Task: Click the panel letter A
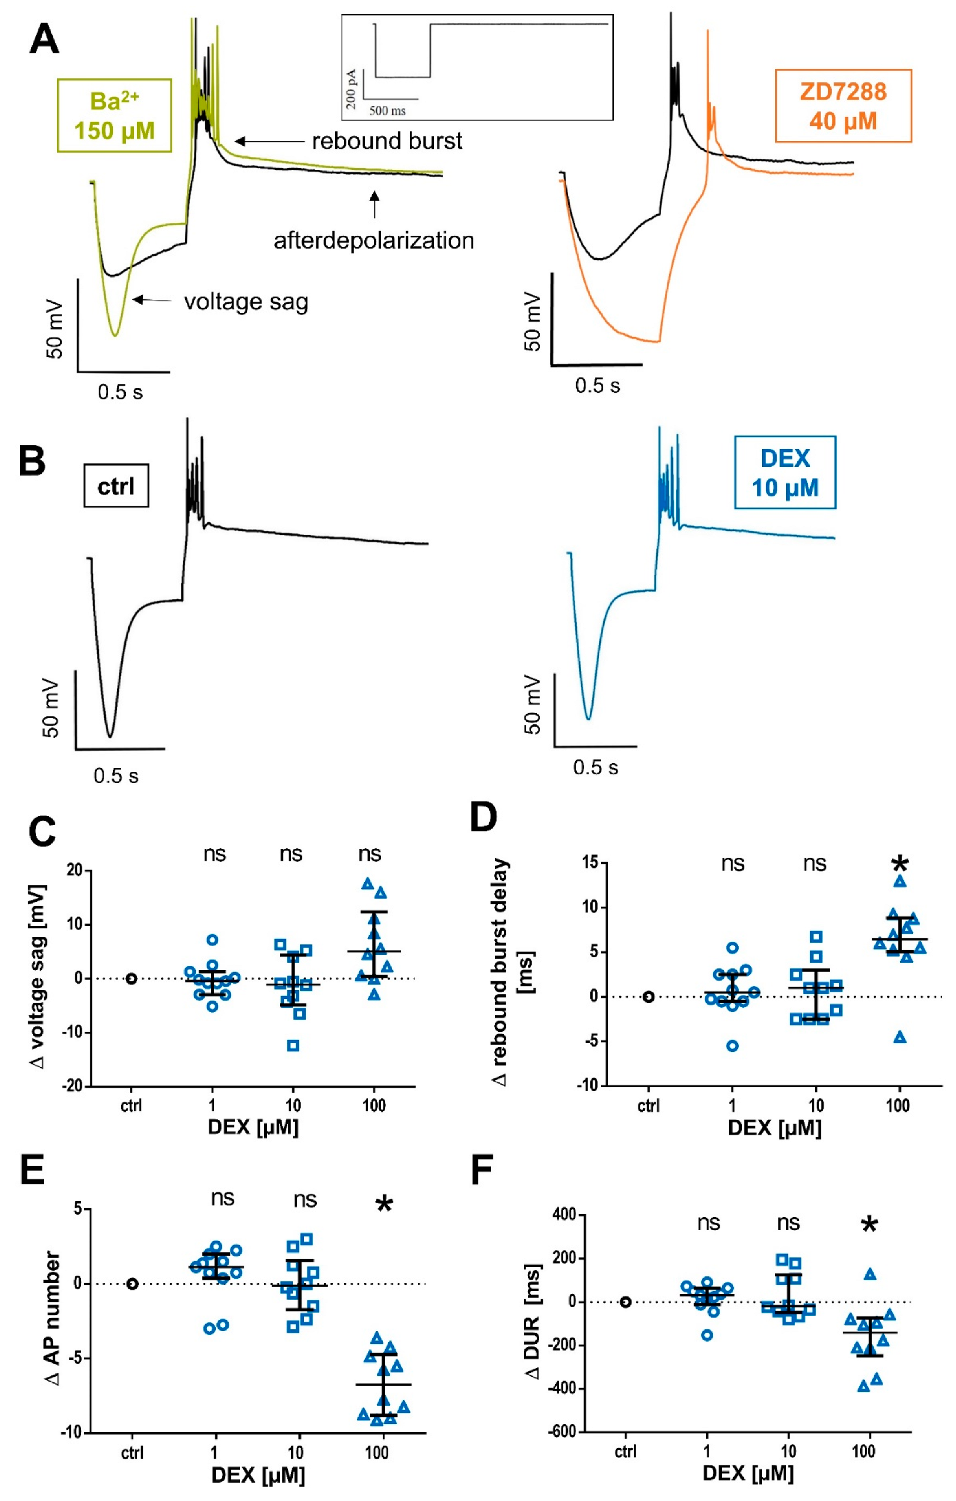click(x=44, y=40)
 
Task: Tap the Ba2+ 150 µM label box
click(x=114, y=116)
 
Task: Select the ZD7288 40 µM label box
click(x=843, y=106)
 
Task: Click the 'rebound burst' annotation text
click(x=386, y=142)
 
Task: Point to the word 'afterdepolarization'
click(x=374, y=240)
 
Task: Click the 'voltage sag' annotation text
click(x=246, y=302)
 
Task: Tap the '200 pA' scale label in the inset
click(x=351, y=89)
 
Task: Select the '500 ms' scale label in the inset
click(x=387, y=111)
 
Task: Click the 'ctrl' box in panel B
click(x=116, y=486)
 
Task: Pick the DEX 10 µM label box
click(x=785, y=473)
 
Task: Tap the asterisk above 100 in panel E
click(x=385, y=1204)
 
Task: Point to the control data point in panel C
click(x=131, y=979)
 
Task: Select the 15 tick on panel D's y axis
click(x=590, y=863)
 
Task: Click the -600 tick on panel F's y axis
click(x=560, y=1432)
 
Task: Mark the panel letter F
click(x=482, y=1169)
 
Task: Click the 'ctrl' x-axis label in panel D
click(x=648, y=1106)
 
